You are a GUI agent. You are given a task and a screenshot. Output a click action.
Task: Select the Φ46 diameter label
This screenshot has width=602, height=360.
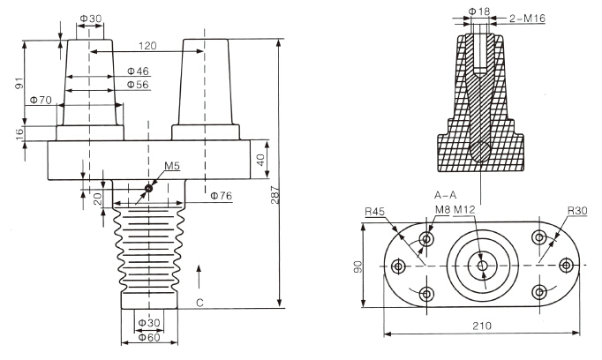coord(138,71)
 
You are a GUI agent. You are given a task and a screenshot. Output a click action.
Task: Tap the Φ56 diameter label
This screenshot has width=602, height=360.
coord(138,85)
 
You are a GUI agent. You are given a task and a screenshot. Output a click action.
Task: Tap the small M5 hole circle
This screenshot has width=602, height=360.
coord(149,188)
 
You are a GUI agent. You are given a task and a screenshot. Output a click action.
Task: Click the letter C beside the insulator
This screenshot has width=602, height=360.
coord(202,302)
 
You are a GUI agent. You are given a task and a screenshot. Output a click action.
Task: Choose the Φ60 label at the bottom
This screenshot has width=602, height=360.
coord(148,337)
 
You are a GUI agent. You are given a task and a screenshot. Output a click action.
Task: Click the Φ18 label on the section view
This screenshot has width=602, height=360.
coord(478,11)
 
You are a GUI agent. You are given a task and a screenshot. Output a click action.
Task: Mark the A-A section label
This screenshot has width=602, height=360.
coord(446,195)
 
